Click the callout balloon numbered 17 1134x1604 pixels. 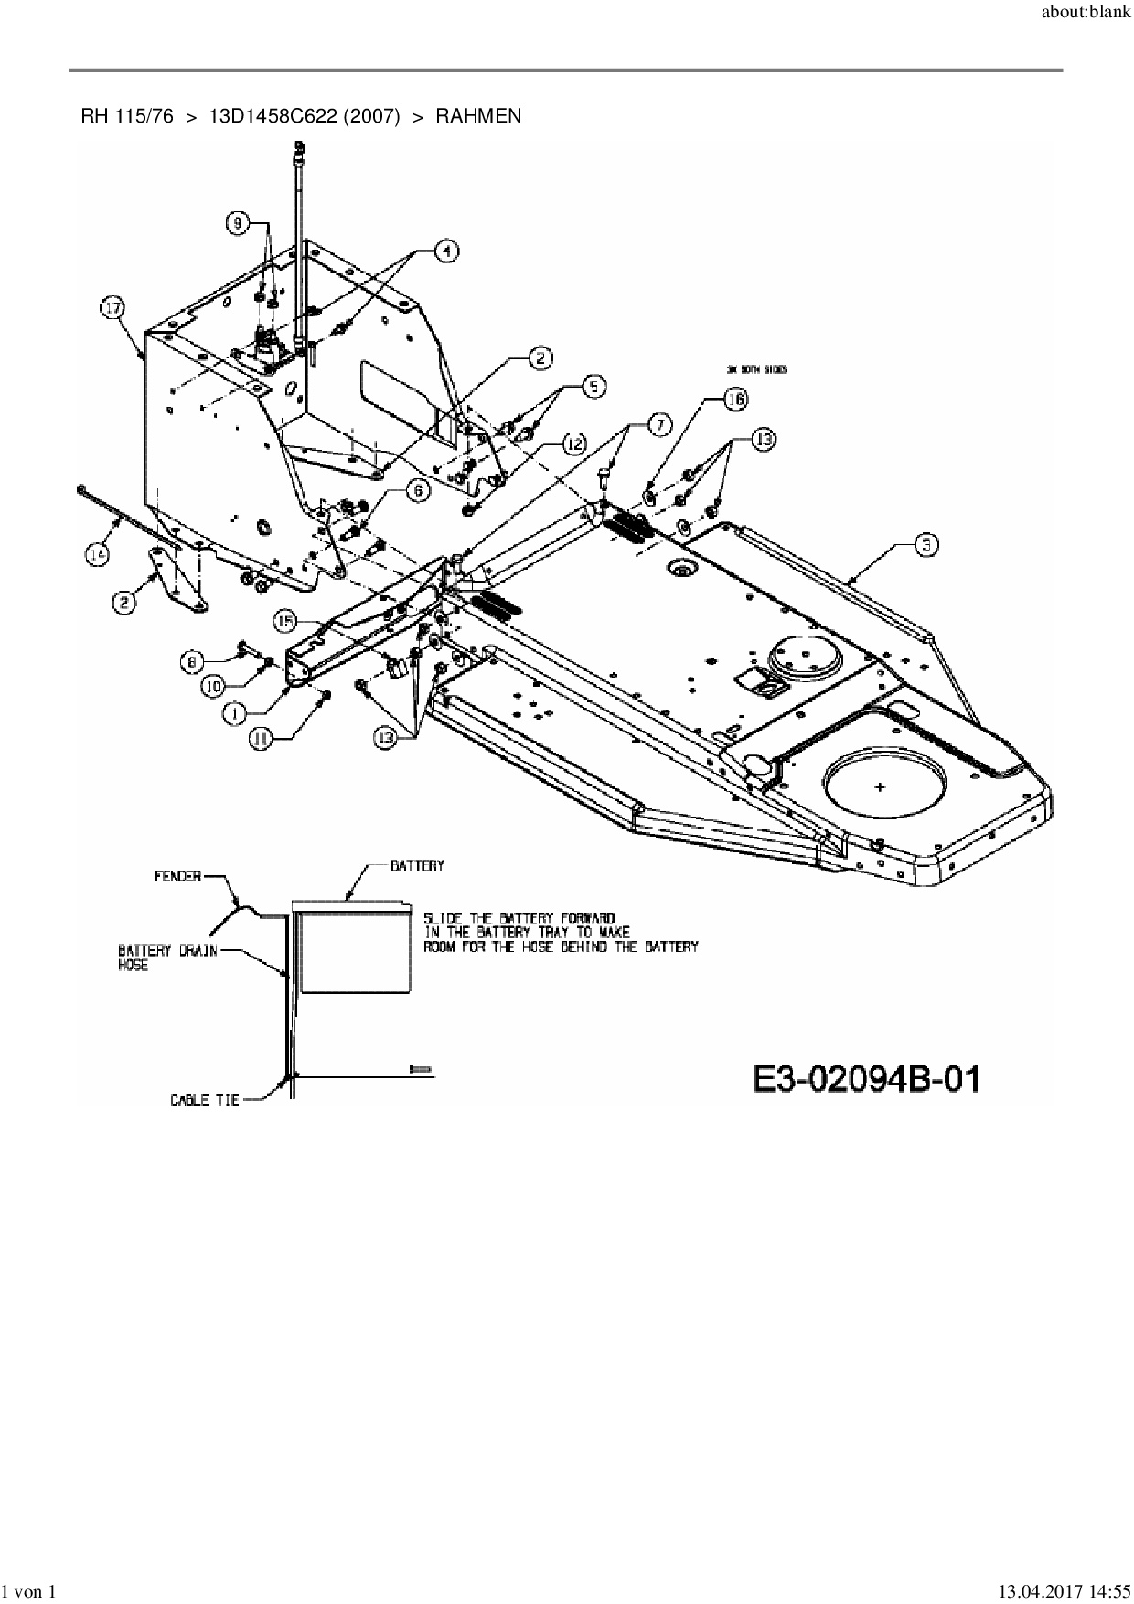pyautogui.click(x=112, y=309)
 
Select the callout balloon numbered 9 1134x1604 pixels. pyautogui.click(x=238, y=222)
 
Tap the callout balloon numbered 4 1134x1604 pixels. pyautogui.click(x=445, y=251)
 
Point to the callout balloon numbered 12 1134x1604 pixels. pyautogui.click(x=573, y=444)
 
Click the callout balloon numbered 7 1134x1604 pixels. pyautogui.click(x=658, y=423)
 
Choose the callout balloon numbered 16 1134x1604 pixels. pyautogui.click(x=736, y=399)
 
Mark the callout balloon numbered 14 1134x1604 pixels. pyautogui.click(x=98, y=554)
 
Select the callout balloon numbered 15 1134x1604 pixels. pyautogui.click(x=286, y=622)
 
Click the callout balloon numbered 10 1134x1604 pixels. pyautogui.click(x=213, y=684)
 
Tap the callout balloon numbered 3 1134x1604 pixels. pyautogui.click(x=926, y=544)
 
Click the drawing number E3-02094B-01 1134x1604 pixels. pyautogui.click(x=866, y=1079)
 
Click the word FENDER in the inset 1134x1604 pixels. pyautogui.click(x=177, y=875)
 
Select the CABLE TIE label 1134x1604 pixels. pyautogui.click(x=205, y=1099)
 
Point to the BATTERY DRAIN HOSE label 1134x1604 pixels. pyautogui.click(x=168, y=957)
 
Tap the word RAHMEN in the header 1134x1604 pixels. pyautogui.click(x=478, y=116)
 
